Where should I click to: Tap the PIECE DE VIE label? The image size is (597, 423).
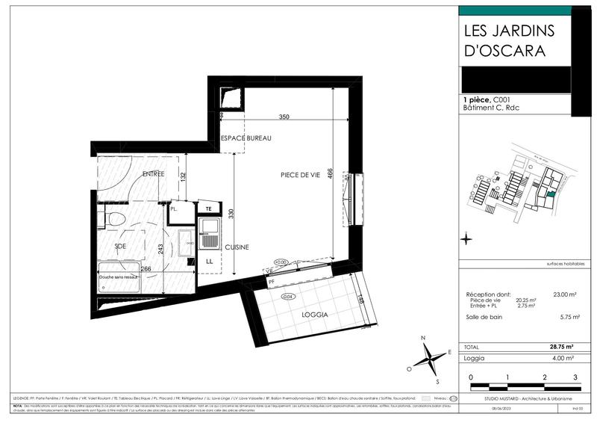(301, 175)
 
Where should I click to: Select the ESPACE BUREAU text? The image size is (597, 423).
(246, 139)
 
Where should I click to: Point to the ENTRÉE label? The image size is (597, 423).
(153, 174)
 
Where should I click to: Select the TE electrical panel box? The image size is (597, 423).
(210, 209)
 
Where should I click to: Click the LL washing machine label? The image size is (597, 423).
(210, 261)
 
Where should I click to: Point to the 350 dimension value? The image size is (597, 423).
(284, 117)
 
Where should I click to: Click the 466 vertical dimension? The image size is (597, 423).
(331, 173)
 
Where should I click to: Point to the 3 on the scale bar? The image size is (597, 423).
(575, 378)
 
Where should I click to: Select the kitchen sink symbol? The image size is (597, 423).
(210, 228)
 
